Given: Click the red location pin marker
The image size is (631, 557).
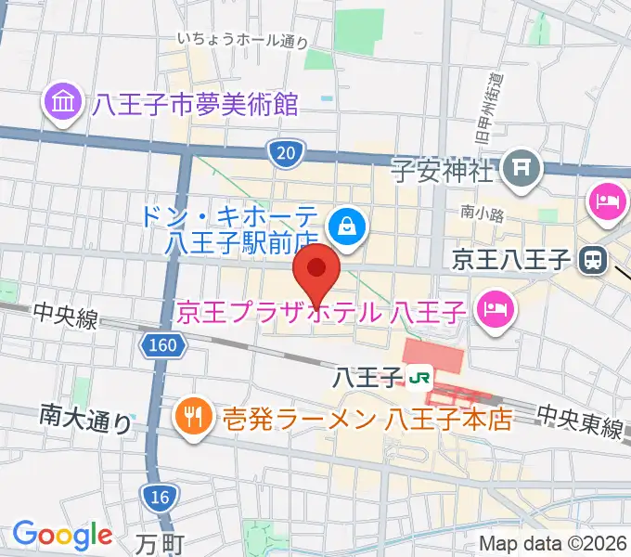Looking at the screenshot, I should (316, 271).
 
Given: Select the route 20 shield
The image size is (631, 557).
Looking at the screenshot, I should (284, 152).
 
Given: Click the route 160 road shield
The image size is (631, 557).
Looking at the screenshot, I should (162, 346).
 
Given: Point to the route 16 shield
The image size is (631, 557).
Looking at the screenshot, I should (159, 498).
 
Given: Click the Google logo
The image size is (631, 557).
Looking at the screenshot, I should (62, 535).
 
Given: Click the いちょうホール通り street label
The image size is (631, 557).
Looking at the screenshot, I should (242, 40).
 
